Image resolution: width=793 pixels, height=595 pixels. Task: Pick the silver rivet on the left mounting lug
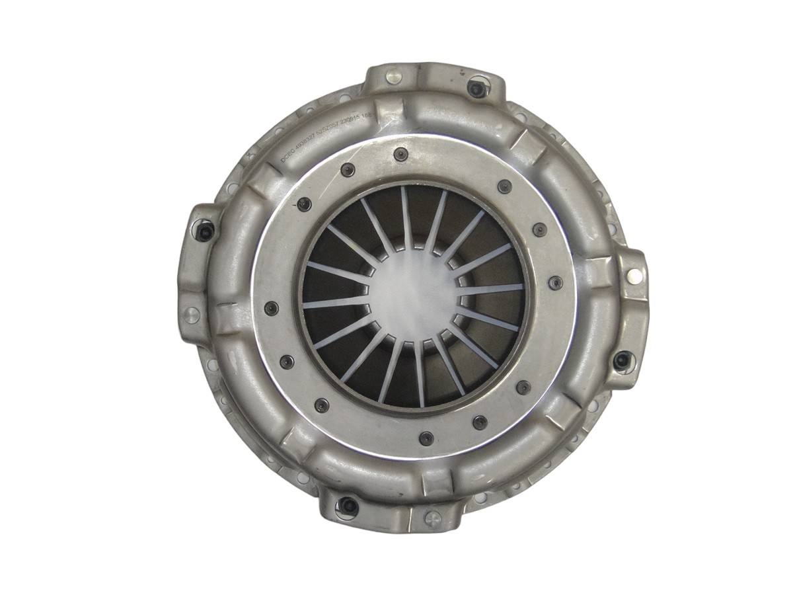pos(192,315)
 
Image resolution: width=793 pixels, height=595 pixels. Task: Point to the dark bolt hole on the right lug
pos(622,361)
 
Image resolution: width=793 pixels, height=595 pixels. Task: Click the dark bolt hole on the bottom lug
pos(349,508)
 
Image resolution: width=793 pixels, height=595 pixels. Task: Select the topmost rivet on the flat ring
pos(398,154)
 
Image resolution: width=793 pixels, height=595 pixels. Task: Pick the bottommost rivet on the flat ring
pos(426,437)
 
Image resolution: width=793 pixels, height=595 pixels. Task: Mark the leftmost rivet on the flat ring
pos(270,307)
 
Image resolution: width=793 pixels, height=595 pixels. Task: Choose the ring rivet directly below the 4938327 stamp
pos(304,204)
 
